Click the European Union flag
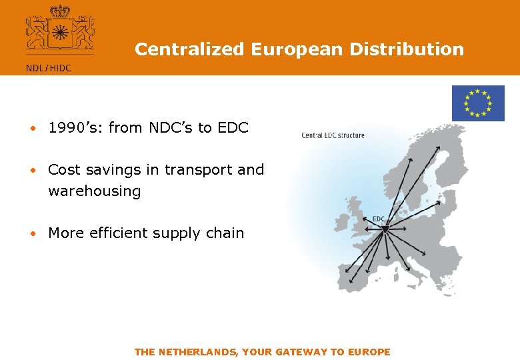(478, 103)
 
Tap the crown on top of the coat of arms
(60, 11)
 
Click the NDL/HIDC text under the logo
(49, 67)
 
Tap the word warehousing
(95, 191)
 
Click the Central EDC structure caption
(333, 135)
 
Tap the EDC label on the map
(378, 219)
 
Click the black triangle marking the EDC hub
(385, 229)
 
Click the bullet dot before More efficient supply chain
(31, 234)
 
